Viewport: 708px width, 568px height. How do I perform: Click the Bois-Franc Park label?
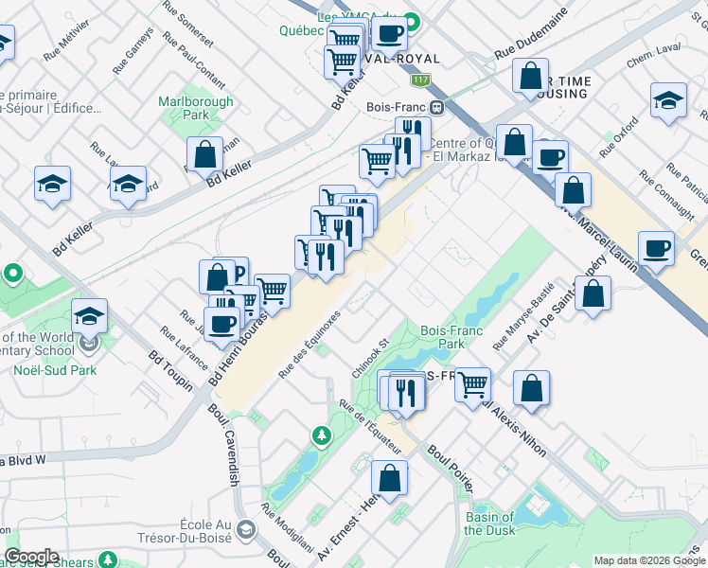(442, 338)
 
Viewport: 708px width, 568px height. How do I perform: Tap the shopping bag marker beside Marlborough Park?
(204, 153)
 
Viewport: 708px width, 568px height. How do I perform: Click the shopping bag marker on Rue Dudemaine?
(531, 76)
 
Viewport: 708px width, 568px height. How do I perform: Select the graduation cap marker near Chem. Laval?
(668, 100)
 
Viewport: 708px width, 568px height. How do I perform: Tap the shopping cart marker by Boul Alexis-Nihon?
(471, 384)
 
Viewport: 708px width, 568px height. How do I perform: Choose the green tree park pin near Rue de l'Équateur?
(323, 435)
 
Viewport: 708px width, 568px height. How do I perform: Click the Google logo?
(31, 557)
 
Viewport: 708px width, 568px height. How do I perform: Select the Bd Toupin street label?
(169, 371)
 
